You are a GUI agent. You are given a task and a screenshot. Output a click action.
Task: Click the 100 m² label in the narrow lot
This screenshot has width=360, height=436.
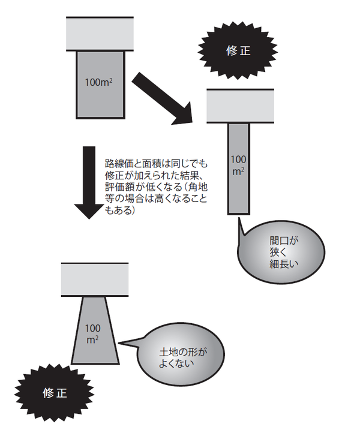(x=238, y=165)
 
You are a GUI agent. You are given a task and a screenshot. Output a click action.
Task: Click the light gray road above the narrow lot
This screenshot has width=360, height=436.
(x=240, y=106)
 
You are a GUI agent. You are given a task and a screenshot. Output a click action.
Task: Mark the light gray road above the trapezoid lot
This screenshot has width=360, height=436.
(x=95, y=280)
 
